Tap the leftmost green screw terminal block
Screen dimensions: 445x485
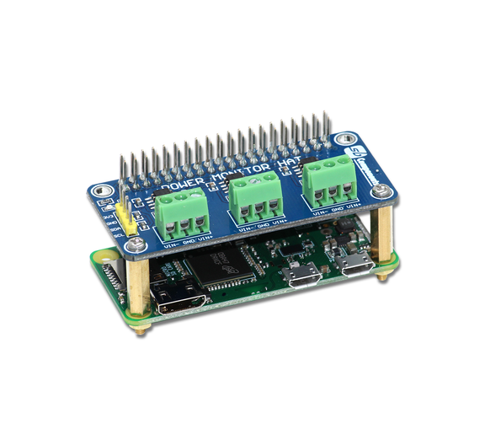(180, 210)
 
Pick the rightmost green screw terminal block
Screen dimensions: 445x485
(327, 180)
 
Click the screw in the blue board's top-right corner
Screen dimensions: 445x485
(343, 140)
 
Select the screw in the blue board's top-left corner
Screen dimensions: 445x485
(102, 190)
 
